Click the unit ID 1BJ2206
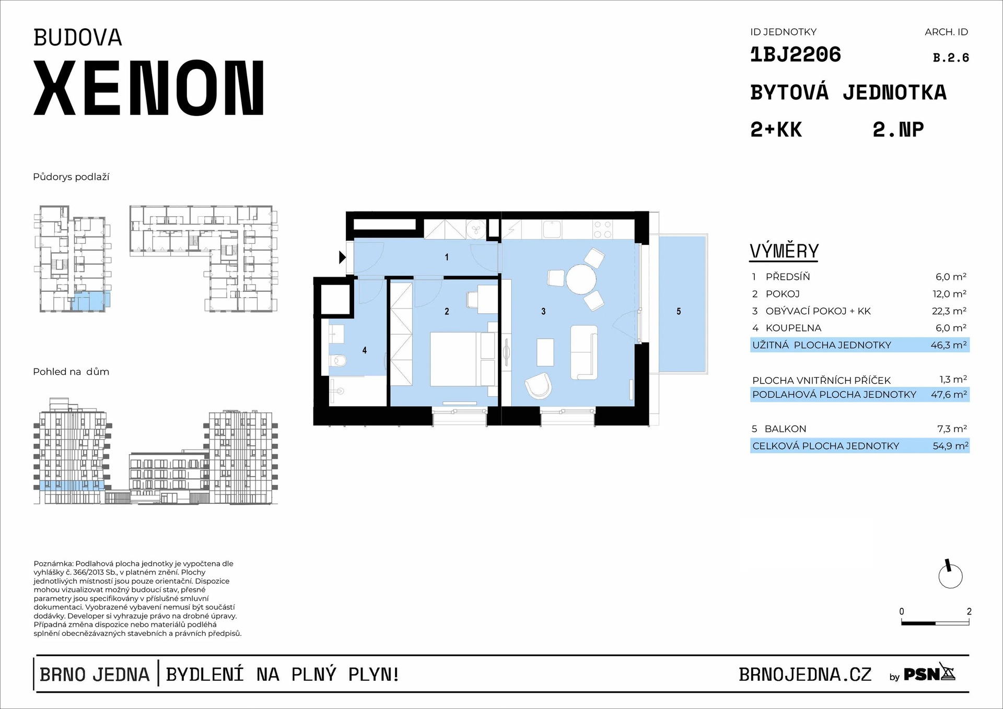click(x=795, y=55)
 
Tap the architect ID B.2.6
click(x=951, y=58)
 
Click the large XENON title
click(x=149, y=88)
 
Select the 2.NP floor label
click(x=898, y=129)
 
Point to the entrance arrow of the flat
click(x=342, y=257)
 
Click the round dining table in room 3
click(x=581, y=280)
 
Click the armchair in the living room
click(x=538, y=386)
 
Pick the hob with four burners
click(x=602, y=229)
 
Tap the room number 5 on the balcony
click(x=679, y=312)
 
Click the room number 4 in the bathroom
click(x=365, y=350)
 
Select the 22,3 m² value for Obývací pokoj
click(x=949, y=311)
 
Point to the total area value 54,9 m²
click(x=950, y=446)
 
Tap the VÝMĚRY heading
click(x=784, y=252)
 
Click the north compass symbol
click(x=950, y=576)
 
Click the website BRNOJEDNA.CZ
click(x=805, y=675)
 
